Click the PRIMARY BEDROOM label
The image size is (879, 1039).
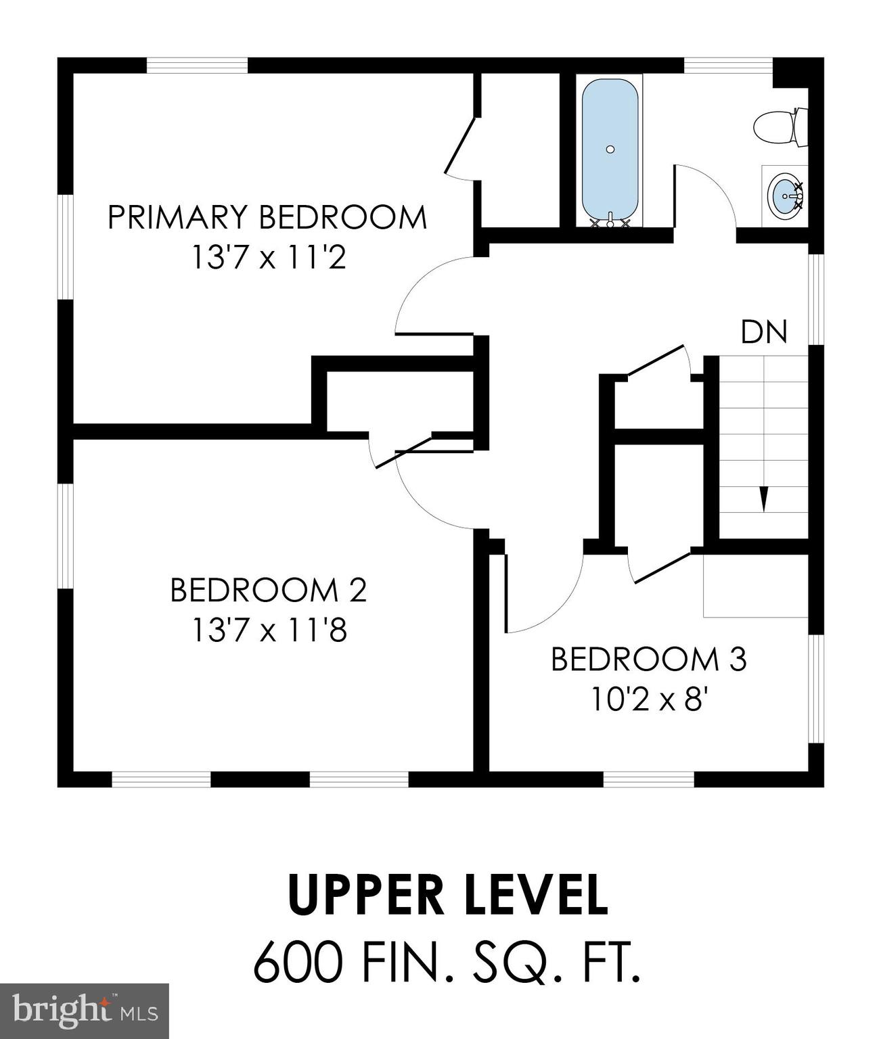(267, 218)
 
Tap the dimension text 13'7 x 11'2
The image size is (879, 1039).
(269, 258)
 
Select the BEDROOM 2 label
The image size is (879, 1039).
(268, 590)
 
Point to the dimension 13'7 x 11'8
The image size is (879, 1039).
(269, 630)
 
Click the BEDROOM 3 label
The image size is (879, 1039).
(648, 660)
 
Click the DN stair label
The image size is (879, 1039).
(764, 332)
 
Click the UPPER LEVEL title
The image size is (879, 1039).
(447, 895)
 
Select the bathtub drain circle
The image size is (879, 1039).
(610, 149)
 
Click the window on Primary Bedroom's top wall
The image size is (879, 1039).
(197, 66)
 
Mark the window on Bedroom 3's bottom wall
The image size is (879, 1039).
(648, 779)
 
